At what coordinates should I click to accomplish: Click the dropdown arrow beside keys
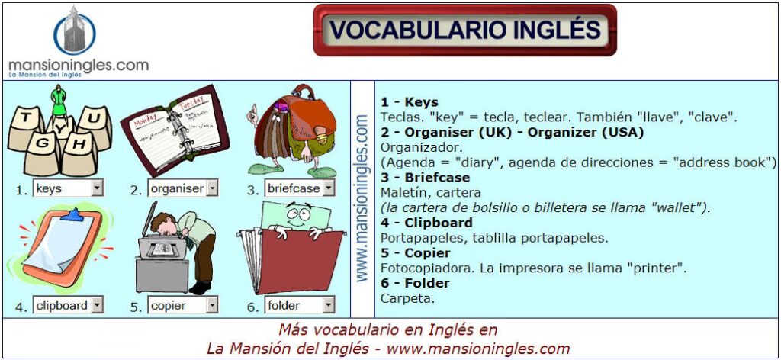click(97, 188)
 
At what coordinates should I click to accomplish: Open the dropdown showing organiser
click(183, 188)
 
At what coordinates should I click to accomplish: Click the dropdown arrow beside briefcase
click(328, 188)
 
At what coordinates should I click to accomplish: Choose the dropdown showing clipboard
click(68, 305)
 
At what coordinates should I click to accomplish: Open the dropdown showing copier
click(183, 305)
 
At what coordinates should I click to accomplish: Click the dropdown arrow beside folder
click(328, 305)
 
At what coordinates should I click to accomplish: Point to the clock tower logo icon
click(75, 31)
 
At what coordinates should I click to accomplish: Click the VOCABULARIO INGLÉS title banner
click(464, 30)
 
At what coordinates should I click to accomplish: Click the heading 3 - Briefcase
click(425, 178)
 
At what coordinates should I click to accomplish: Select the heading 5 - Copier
click(416, 253)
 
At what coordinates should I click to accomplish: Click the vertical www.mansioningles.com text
click(362, 199)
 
